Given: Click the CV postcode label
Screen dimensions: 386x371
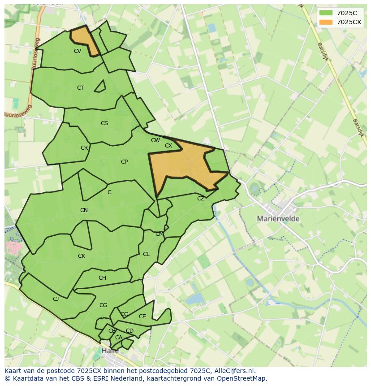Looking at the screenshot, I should point(78,51).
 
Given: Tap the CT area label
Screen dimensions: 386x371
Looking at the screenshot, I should point(80,88).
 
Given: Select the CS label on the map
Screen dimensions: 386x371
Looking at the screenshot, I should point(104,123).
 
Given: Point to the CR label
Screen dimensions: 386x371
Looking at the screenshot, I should point(84,148).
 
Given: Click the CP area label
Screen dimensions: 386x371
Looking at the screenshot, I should point(124,162).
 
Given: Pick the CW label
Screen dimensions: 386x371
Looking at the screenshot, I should point(155,140).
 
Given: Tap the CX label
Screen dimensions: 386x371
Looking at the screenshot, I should point(168,146).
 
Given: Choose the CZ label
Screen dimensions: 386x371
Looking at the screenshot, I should point(201,199).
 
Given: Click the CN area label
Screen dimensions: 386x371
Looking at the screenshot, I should point(84,210).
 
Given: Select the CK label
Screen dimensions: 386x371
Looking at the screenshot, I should point(82,256).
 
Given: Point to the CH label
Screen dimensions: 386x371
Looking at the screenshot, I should point(102,278).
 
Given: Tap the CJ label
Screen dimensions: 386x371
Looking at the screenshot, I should point(56,299).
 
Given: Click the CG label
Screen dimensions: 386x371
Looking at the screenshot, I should point(104,305).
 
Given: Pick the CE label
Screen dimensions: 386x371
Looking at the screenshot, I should point(142,317).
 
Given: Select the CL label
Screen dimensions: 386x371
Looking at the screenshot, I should point(146,254).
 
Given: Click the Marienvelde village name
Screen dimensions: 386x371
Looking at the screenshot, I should point(278,219).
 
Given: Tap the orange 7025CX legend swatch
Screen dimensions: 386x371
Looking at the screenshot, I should point(326,22).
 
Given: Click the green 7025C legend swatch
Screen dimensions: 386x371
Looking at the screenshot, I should point(326,13).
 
